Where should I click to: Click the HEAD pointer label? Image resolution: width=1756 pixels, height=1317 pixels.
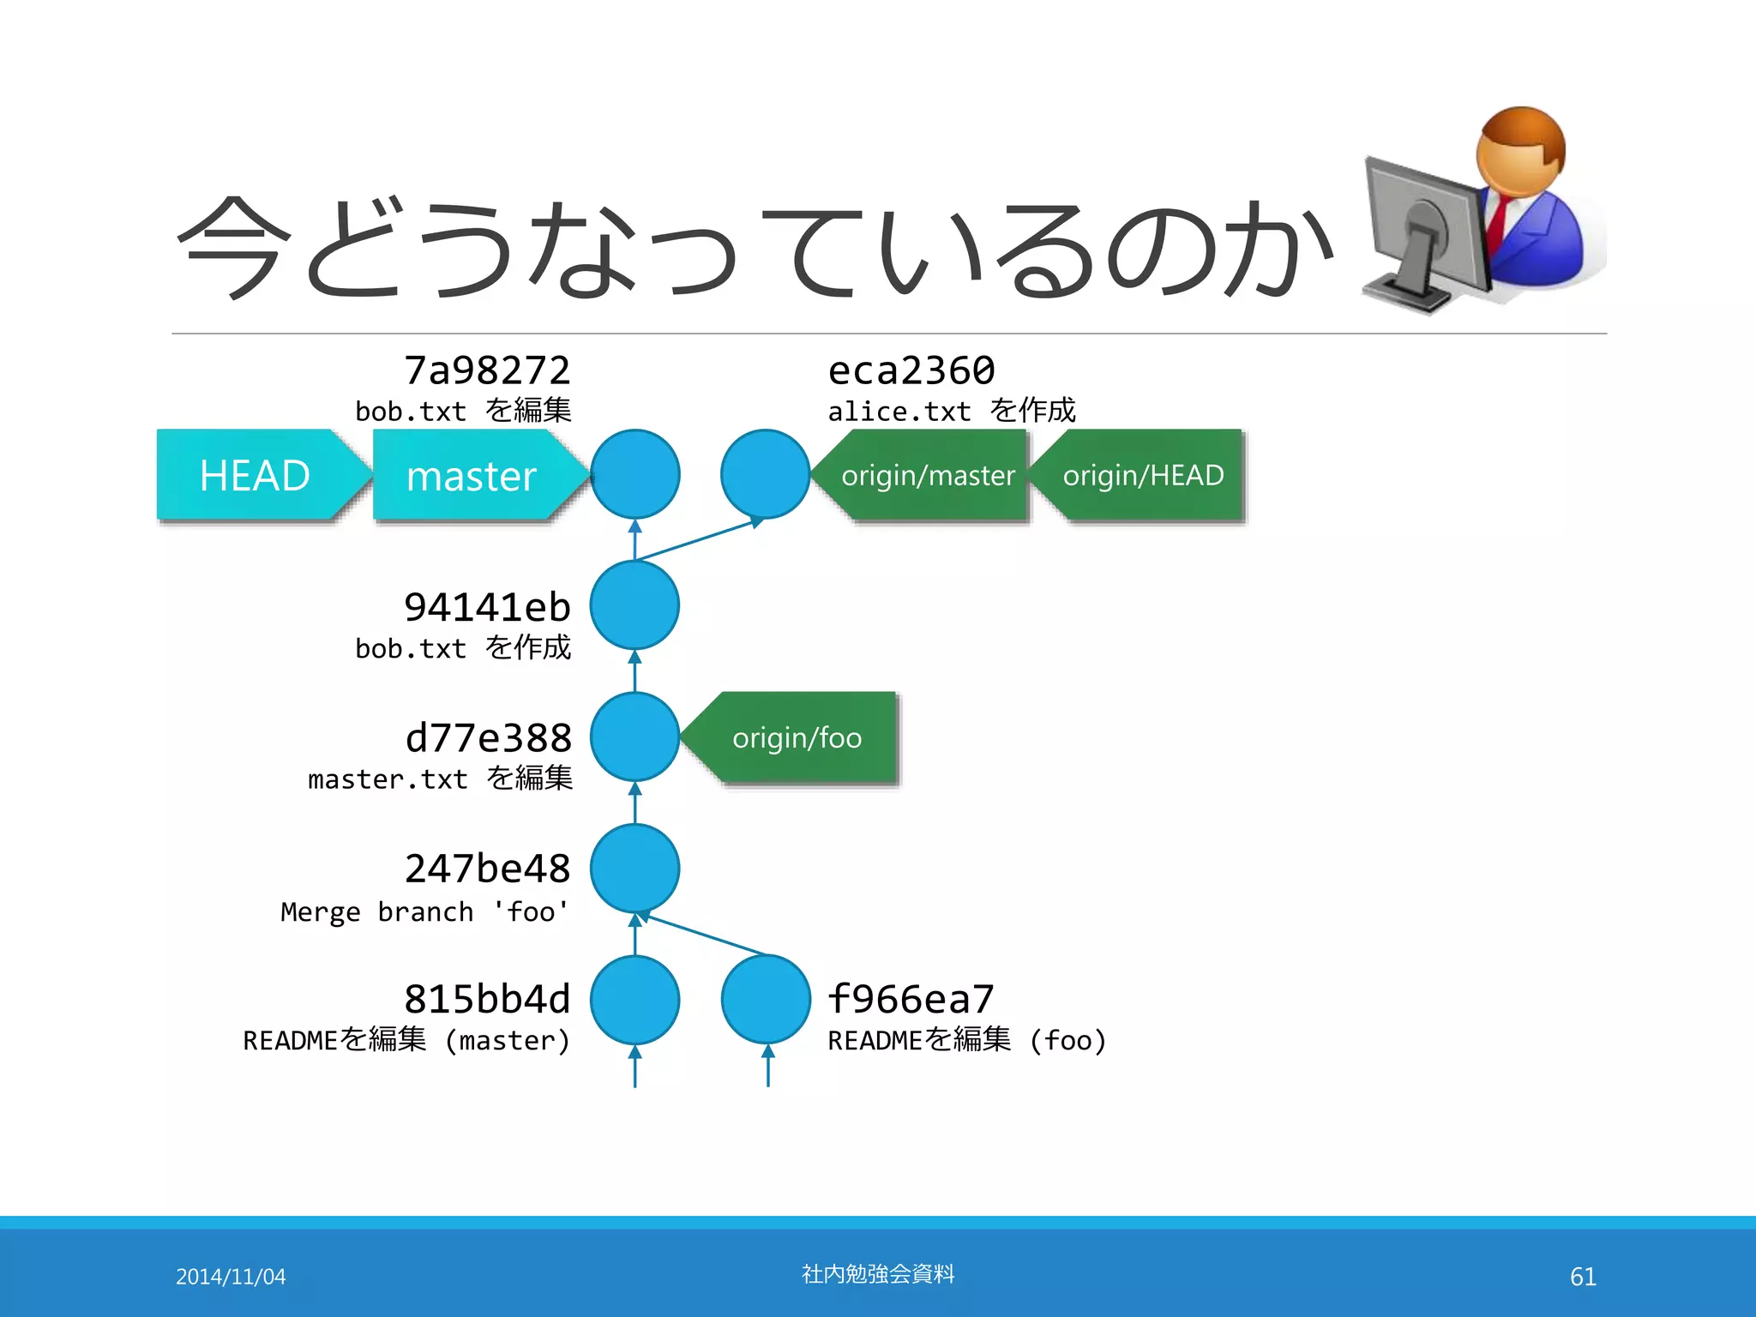(255, 475)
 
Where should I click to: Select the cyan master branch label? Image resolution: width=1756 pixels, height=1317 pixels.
(472, 476)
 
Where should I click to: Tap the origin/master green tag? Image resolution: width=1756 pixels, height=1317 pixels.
(928, 475)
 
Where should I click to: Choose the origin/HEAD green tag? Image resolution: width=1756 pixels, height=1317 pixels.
(1143, 475)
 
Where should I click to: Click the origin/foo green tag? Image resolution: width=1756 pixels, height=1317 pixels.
(797, 737)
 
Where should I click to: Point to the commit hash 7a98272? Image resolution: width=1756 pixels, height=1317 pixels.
(487, 370)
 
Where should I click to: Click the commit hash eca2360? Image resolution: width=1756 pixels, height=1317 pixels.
(911, 370)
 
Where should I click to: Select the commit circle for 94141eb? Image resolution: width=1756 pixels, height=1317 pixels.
(634, 605)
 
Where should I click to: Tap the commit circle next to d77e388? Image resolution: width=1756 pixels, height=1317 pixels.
(634, 737)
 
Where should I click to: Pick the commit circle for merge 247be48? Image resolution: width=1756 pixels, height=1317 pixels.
(634, 868)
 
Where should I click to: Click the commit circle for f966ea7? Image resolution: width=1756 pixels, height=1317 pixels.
(766, 999)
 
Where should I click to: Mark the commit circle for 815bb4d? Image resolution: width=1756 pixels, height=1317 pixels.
(634, 999)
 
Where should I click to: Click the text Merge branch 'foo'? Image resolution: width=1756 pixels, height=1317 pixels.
(425, 911)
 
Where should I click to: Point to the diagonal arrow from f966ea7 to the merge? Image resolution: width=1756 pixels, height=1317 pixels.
(703, 935)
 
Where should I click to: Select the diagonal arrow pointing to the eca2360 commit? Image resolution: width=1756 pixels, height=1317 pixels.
(699, 539)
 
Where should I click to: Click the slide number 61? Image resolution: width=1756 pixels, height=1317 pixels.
(1583, 1277)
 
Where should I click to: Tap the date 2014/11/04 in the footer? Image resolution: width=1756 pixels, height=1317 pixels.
(231, 1277)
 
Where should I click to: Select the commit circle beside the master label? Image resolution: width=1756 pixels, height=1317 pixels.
(634, 474)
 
